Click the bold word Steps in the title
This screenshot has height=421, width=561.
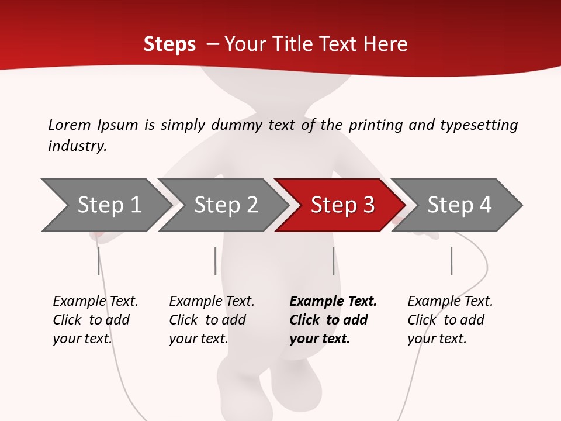tap(169, 44)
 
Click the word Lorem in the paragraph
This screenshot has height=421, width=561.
tap(69, 125)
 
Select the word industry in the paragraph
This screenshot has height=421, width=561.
tap(77, 146)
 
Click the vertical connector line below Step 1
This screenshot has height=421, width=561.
tap(98, 261)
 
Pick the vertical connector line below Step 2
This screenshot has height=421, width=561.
tap(215, 261)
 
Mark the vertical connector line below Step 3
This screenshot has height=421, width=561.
tap(333, 261)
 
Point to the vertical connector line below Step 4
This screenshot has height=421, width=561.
tap(451, 261)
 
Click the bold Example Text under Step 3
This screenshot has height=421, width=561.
tap(333, 302)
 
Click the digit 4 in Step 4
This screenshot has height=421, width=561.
tap(485, 205)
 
